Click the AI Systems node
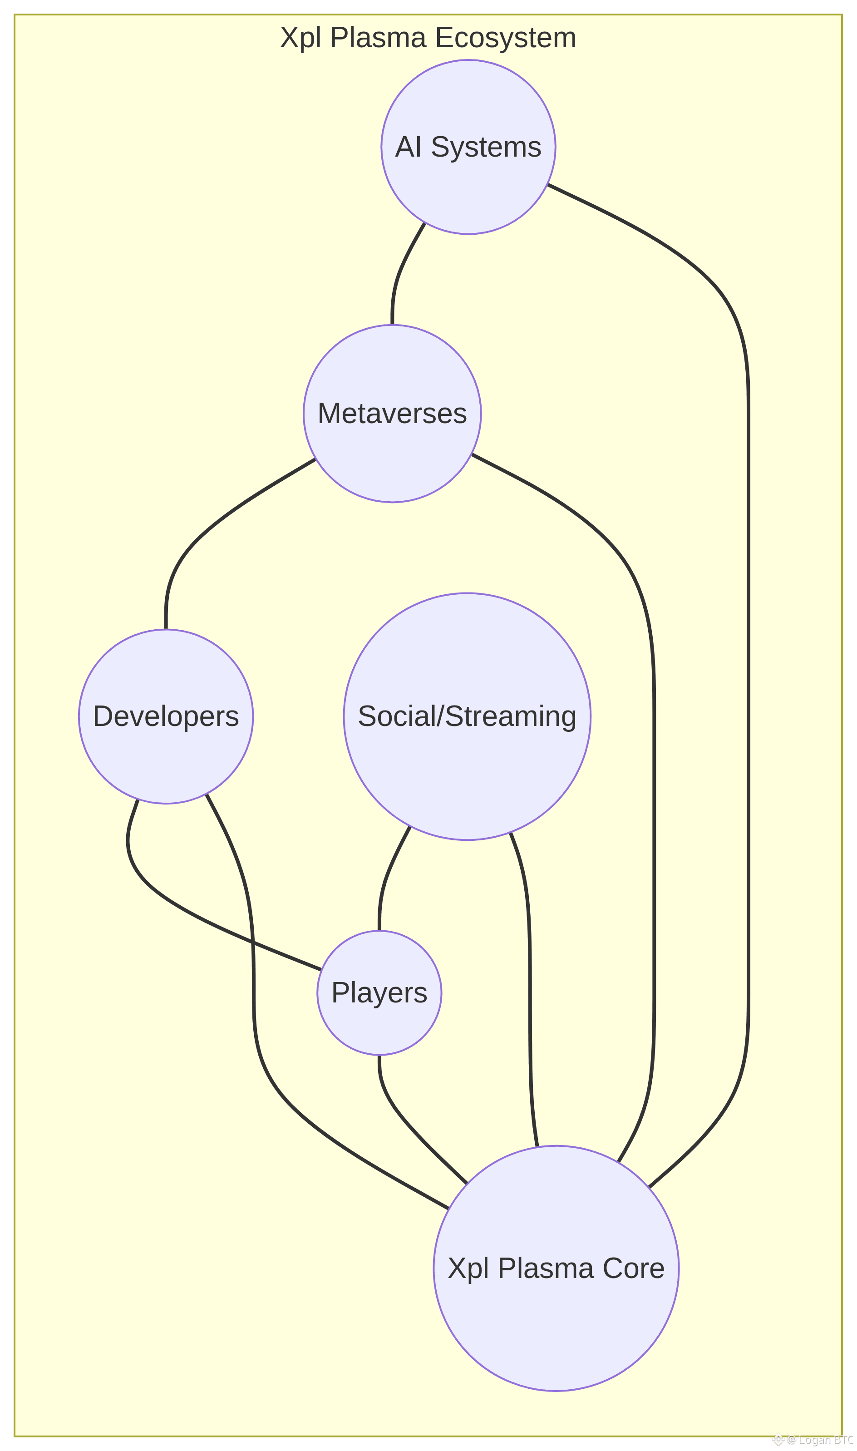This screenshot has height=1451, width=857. (x=468, y=147)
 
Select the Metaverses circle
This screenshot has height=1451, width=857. (x=392, y=414)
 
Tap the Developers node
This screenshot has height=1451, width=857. (x=166, y=717)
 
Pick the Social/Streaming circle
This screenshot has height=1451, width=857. (x=467, y=717)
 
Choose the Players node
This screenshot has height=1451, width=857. (x=379, y=993)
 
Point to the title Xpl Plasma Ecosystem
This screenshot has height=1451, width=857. (x=428, y=38)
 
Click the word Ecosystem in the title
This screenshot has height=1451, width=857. (x=505, y=38)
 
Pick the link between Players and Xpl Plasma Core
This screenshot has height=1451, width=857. (x=404, y=1115)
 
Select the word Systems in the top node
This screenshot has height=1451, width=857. (x=486, y=147)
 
